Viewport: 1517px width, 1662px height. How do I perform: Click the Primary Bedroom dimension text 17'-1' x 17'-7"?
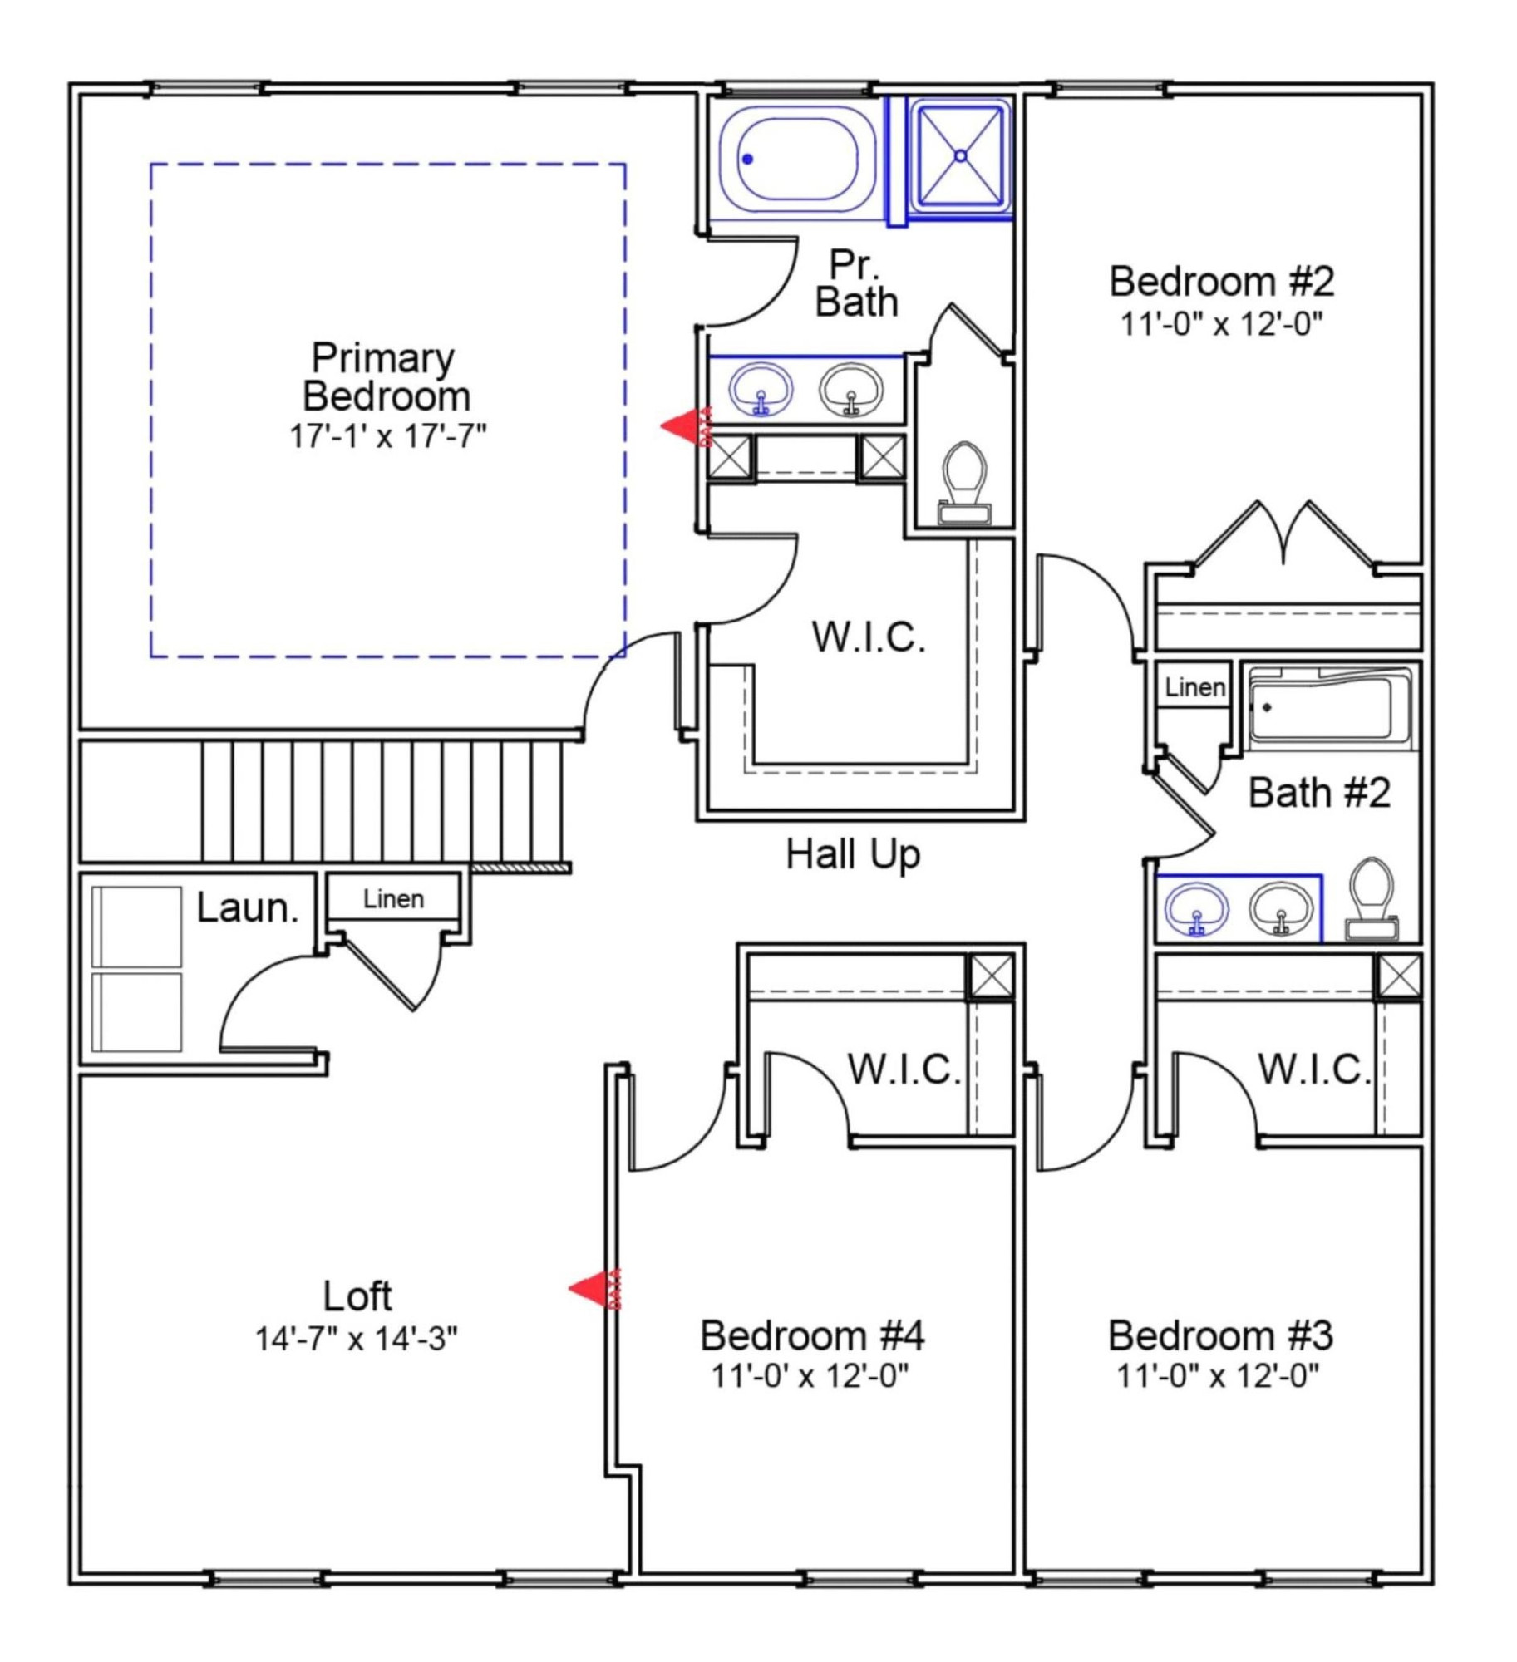coord(387,435)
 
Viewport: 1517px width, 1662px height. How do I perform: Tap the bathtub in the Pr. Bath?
coord(796,160)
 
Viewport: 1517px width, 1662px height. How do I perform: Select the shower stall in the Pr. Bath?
coord(960,155)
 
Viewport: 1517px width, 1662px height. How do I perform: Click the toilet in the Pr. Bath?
coord(964,483)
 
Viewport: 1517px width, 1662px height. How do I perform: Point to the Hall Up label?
coord(853,855)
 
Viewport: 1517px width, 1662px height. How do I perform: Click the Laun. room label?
coord(248,908)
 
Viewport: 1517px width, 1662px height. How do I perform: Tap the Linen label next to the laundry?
coord(393,899)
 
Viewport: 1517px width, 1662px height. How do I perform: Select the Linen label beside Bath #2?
coord(1194,687)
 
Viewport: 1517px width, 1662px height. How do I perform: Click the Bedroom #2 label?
coord(1221,282)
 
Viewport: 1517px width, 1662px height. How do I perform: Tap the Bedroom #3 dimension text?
coord(1218,1377)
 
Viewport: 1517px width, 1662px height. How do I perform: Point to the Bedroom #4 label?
coord(812,1336)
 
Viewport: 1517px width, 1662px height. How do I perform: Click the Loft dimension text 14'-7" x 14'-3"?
coord(356,1340)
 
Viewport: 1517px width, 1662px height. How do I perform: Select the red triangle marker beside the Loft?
coord(594,1289)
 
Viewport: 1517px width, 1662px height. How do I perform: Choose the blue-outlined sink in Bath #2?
coord(1195,908)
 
